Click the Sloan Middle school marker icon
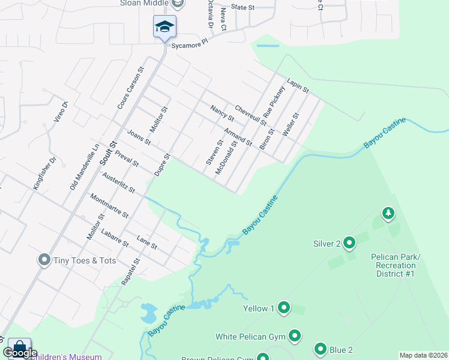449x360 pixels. click(164, 27)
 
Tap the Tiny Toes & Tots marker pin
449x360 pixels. click(44, 260)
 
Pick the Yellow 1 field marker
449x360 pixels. click(283, 308)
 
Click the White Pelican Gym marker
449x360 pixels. click(295, 336)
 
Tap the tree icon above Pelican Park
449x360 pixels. click(388, 213)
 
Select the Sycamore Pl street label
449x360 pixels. click(188, 43)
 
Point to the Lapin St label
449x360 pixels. click(297, 86)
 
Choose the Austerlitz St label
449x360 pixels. click(118, 183)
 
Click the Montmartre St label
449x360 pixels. click(109, 205)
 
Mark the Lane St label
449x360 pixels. click(146, 242)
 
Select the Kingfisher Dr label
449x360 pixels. click(44, 172)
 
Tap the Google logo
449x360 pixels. click(20, 353)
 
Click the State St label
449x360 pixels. click(243, 8)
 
